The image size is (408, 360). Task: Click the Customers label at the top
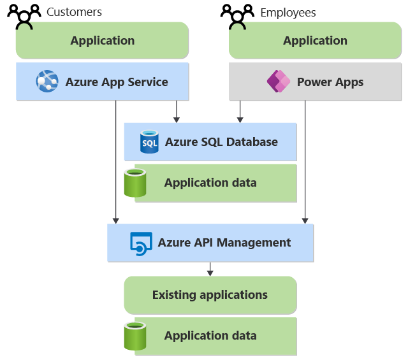coord(74,12)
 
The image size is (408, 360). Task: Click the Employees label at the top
coord(288,13)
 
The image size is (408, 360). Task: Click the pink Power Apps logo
coord(278,82)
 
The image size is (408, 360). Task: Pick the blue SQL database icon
coord(149,141)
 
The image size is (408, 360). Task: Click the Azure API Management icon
coord(141,243)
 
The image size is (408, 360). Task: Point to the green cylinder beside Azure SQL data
coord(135,183)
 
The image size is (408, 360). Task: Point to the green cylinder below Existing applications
coord(135,336)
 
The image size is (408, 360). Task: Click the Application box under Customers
coord(103,41)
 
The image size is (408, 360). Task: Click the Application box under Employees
coord(315,41)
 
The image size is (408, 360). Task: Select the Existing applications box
coord(210,295)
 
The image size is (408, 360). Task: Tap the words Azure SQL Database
coord(221,141)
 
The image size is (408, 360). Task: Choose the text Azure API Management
coord(224,243)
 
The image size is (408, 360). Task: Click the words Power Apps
coord(330,82)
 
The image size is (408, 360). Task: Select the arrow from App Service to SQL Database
coord(177,112)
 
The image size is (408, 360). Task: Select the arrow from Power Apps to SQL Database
coord(240,112)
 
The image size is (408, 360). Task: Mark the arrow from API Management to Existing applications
coord(210,270)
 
